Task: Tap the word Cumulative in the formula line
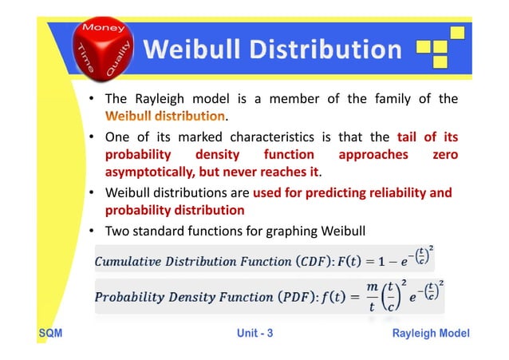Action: (129, 262)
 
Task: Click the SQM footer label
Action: (49, 333)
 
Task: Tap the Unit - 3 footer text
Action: (254, 333)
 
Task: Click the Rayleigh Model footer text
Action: (431, 333)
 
